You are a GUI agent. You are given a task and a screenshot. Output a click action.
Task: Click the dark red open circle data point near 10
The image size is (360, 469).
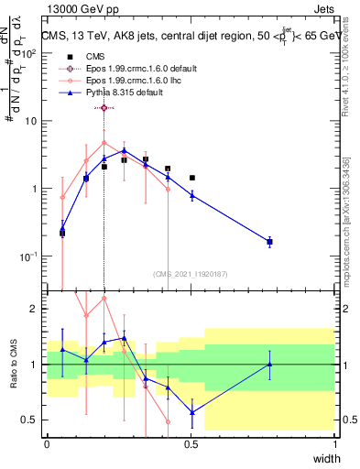pyautogui.click(x=104, y=108)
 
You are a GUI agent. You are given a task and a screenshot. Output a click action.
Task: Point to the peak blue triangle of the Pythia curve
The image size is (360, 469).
pyautogui.click(x=124, y=150)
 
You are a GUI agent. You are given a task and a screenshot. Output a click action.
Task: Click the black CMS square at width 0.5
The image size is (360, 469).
pyautogui.click(x=191, y=178)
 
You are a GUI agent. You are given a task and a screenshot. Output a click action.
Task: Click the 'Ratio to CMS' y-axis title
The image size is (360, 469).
pyautogui.click(x=13, y=365)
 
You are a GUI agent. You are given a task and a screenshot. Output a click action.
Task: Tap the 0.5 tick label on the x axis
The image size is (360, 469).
pyautogui.click(x=191, y=443)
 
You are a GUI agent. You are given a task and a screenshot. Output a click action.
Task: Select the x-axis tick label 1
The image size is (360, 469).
pyautogui.click(x=335, y=443)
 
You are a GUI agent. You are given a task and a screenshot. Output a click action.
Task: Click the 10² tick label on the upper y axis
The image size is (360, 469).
pyautogui.click(x=28, y=53)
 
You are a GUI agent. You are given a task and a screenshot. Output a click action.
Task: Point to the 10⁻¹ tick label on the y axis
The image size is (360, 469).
pyautogui.click(x=28, y=256)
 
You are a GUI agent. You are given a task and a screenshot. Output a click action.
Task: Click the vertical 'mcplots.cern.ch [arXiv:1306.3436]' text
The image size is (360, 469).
pyautogui.click(x=349, y=202)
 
